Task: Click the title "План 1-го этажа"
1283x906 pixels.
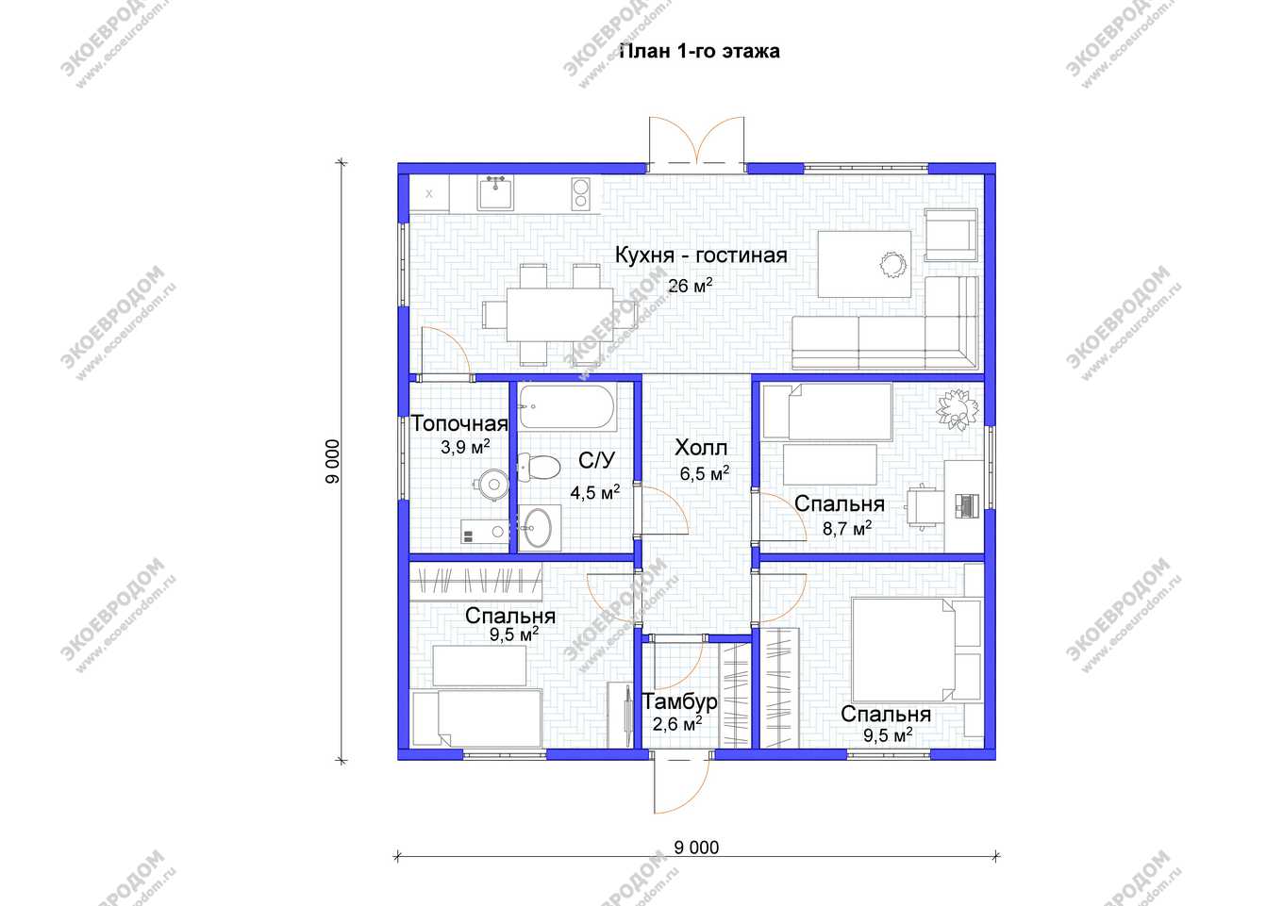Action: (x=700, y=52)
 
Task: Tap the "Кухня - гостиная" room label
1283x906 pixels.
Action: (x=701, y=255)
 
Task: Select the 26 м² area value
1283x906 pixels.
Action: (x=691, y=285)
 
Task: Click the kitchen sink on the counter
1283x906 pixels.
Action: (x=495, y=192)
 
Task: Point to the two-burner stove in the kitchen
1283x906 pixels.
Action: (x=581, y=194)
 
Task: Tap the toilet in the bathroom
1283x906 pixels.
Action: (x=539, y=467)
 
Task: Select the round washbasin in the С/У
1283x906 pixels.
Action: (x=538, y=527)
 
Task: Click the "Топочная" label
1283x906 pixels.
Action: (x=459, y=423)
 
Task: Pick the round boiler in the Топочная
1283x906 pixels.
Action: (x=493, y=485)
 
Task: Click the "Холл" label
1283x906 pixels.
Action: (x=701, y=448)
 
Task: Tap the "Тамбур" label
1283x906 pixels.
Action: (x=679, y=701)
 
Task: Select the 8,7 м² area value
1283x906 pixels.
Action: (x=847, y=528)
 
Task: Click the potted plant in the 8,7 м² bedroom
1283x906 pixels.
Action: (x=957, y=408)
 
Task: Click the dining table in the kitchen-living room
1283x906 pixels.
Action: (x=559, y=315)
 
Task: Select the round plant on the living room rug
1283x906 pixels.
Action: (x=893, y=265)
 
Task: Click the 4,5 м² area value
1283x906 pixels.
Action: (x=595, y=492)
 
